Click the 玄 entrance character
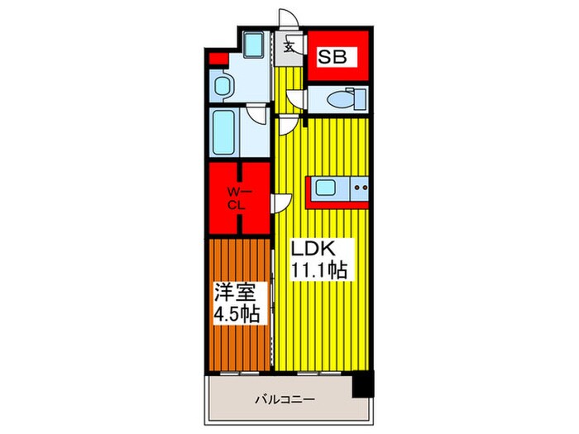pos(289,46)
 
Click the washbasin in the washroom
pos(223,83)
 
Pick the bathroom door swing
pos(259,114)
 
